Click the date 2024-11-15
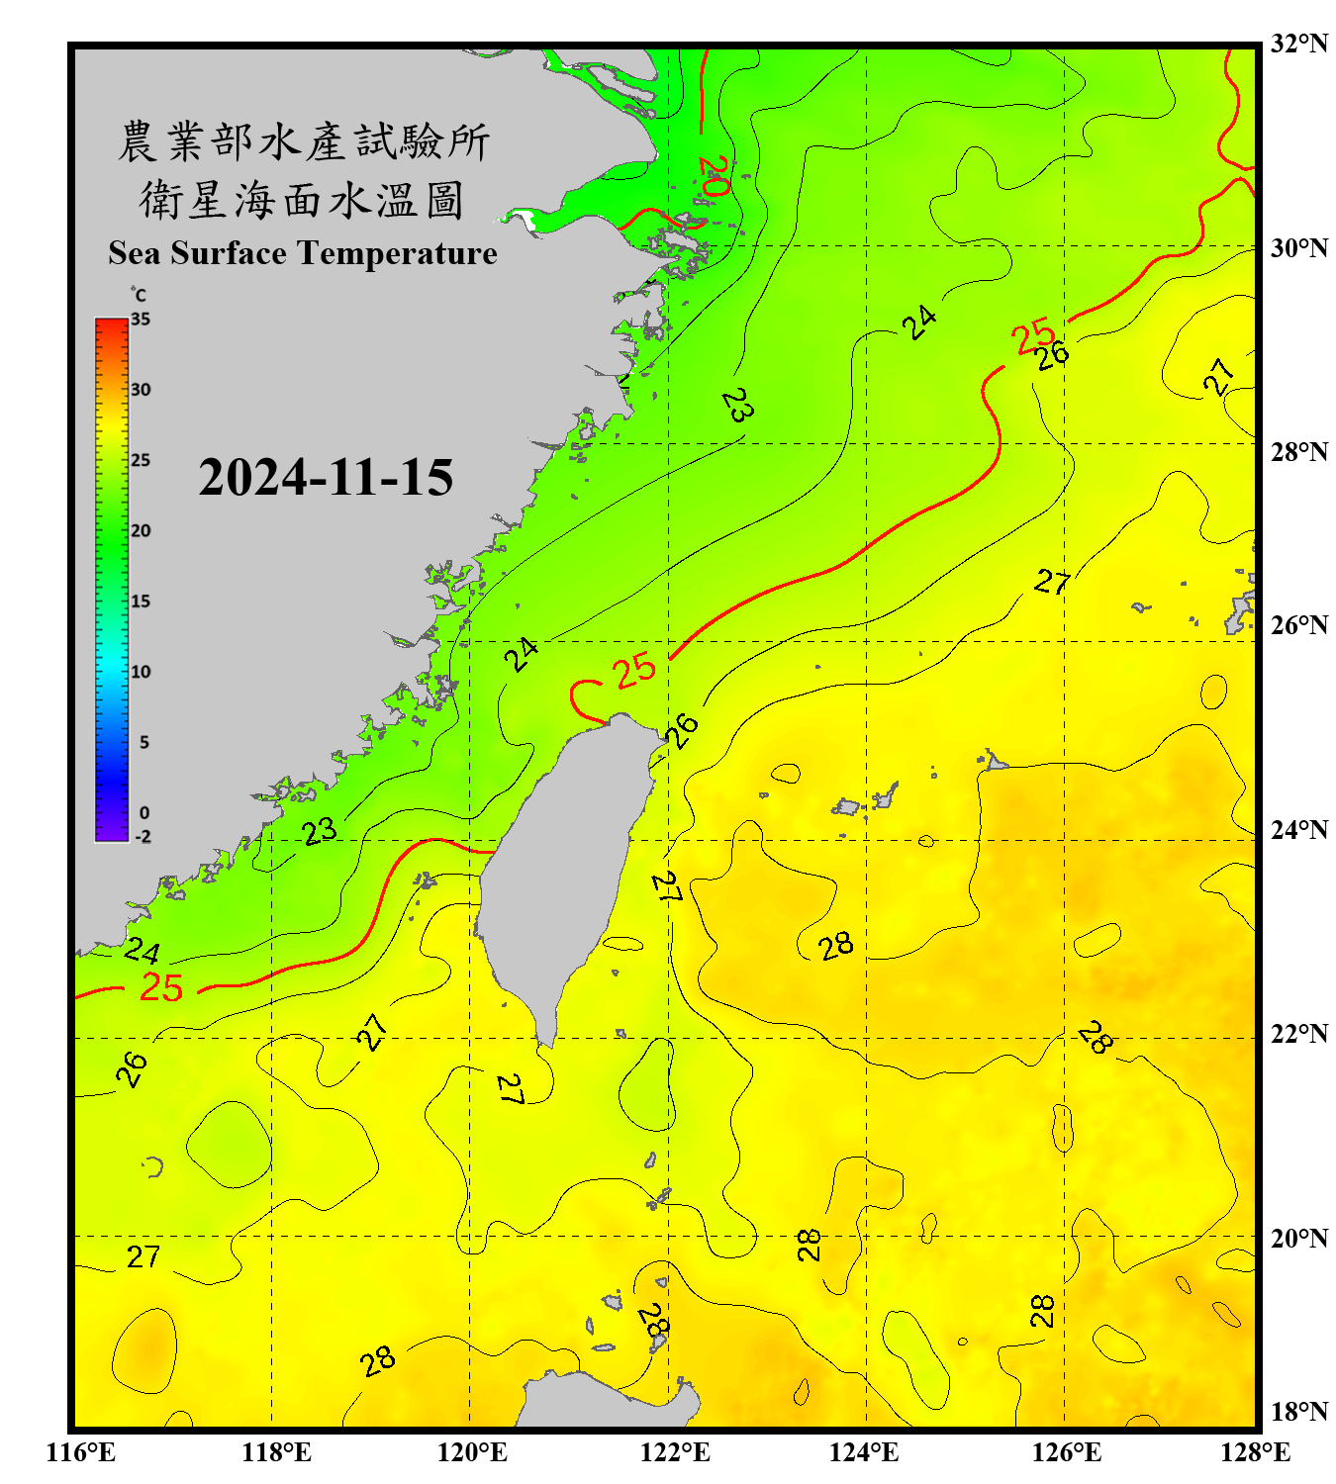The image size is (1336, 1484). click(326, 478)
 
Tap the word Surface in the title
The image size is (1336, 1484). click(229, 253)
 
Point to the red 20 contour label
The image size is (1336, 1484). click(714, 176)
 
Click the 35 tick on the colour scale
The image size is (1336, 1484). click(141, 319)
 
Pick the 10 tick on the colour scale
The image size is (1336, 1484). click(141, 672)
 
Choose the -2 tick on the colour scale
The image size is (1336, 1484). click(143, 837)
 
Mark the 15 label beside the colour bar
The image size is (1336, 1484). click(141, 602)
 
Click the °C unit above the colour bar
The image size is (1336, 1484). click(138, 295)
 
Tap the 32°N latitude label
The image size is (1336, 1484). click(1299, 44)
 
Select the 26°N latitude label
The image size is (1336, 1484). click(1299, 625)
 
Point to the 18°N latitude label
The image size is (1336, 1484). click(1299, 1412)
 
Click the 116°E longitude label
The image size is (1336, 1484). click(81, 1452)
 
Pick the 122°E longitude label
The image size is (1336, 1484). click(675, 1452)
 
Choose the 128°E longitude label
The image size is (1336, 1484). click(1255, 1452)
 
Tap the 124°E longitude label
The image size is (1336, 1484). click(864, 1452)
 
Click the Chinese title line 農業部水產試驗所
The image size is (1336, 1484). click(304, 141)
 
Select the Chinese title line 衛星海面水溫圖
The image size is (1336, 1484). click(302, 200)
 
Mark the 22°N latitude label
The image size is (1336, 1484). click(1299, 1034)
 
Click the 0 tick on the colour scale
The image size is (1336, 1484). click(144, 813)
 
